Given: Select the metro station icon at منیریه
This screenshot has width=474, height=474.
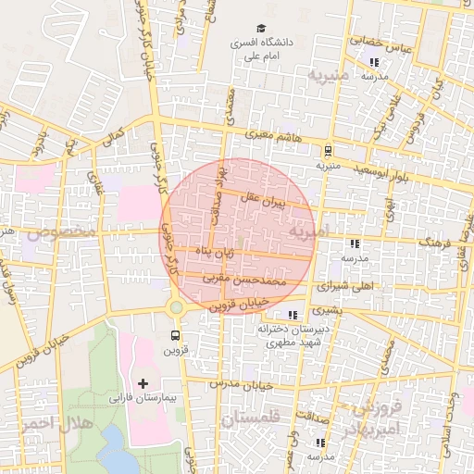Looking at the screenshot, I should pos(327,150).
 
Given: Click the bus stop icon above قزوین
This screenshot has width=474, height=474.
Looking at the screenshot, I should pos(176,335).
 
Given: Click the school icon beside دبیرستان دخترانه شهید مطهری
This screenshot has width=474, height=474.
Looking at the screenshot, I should pos(293,316).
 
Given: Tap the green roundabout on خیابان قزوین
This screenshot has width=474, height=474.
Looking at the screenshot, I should pos(176,306).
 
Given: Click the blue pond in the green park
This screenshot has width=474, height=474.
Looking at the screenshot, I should pos(116,454).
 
